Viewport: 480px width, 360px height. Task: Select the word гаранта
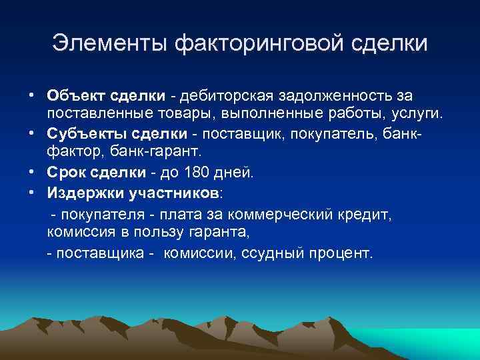(x=217, y=234)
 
